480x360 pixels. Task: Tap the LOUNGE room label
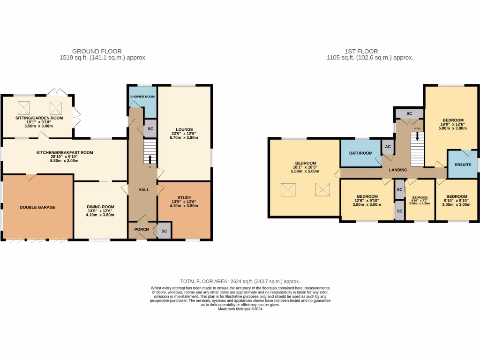[184, 129]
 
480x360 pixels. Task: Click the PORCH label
[142, 229]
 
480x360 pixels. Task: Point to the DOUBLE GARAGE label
[37, 207]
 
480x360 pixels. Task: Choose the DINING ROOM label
[100, 206]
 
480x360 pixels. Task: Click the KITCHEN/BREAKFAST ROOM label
[65, 152]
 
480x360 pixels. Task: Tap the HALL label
[143, 189]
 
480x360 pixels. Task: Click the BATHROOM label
[360, 153]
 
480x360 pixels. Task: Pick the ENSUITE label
[462, 165]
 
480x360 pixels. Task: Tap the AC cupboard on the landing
[388, 146]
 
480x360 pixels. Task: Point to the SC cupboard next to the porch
[164, 231]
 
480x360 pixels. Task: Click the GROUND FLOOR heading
[97, 52]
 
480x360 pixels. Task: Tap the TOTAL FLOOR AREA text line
[240, 281]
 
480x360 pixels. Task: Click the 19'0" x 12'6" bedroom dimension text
[452, 124]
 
